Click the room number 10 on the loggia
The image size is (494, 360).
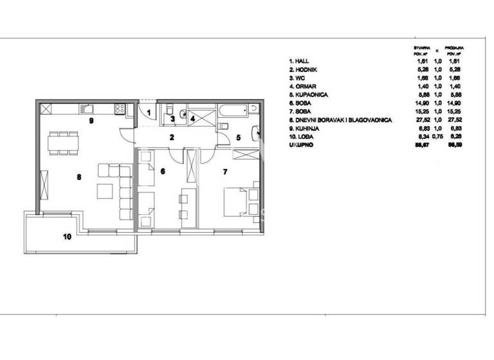tap(67, 236)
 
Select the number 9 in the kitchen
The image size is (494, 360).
tap(91, 120)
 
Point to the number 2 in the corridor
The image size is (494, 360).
tap(172, 137)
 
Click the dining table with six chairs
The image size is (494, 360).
tap(63, 143)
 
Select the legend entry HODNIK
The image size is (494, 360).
tap(304, 69)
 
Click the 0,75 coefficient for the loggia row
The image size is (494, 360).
tap(437, 140)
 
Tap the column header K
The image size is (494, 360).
tap(437, 50)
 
